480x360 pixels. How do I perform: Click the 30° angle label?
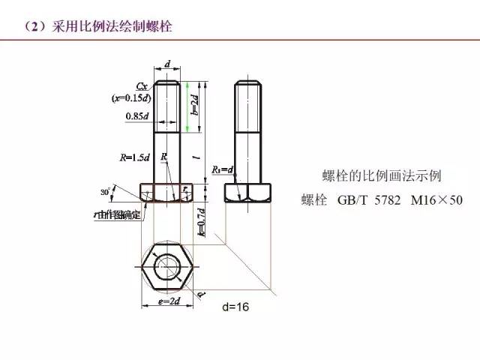106,192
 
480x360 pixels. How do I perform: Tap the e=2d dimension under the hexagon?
167,301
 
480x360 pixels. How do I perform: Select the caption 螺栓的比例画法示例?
381,176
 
